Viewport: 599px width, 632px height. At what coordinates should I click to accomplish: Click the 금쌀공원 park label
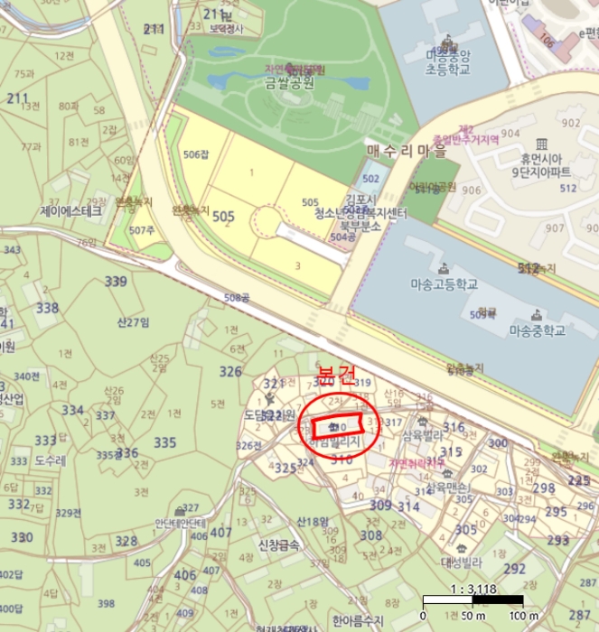click(x=289, y=84)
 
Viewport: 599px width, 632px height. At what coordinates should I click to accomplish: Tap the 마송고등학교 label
click(x=444, y=284)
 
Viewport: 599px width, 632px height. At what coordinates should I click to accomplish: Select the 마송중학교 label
click(x=536, y=330)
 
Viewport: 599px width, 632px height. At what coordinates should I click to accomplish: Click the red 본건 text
click(x=336, y=374)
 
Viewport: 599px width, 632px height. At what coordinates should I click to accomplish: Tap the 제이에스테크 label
click(x=71, y=210)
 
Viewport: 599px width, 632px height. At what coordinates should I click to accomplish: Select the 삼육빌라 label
click(x=422, y=434)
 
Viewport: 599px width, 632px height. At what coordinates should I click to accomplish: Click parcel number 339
click(x=116, y=282)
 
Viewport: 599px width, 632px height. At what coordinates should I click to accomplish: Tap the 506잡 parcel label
click(x=195, y=154)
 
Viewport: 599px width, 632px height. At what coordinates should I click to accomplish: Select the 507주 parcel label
click(x=141, y=230)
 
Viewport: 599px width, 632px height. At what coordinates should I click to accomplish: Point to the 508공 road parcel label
click(x=236, y=297)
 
